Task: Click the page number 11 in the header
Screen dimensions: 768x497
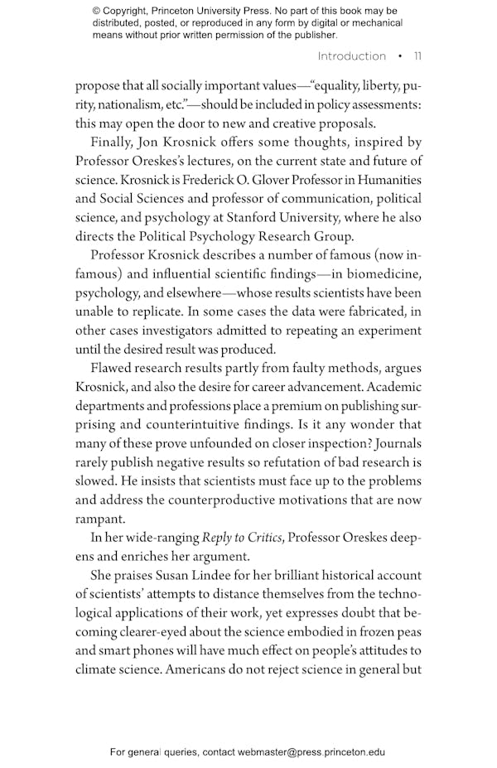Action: [417, 56]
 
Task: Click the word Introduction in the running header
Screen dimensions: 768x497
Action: [352, 56]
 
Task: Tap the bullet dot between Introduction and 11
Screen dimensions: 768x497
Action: [400, 56]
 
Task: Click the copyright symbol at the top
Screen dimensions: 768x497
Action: [97, 11]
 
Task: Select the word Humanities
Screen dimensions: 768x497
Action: [388, 180]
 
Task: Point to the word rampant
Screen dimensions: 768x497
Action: [101, 519]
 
